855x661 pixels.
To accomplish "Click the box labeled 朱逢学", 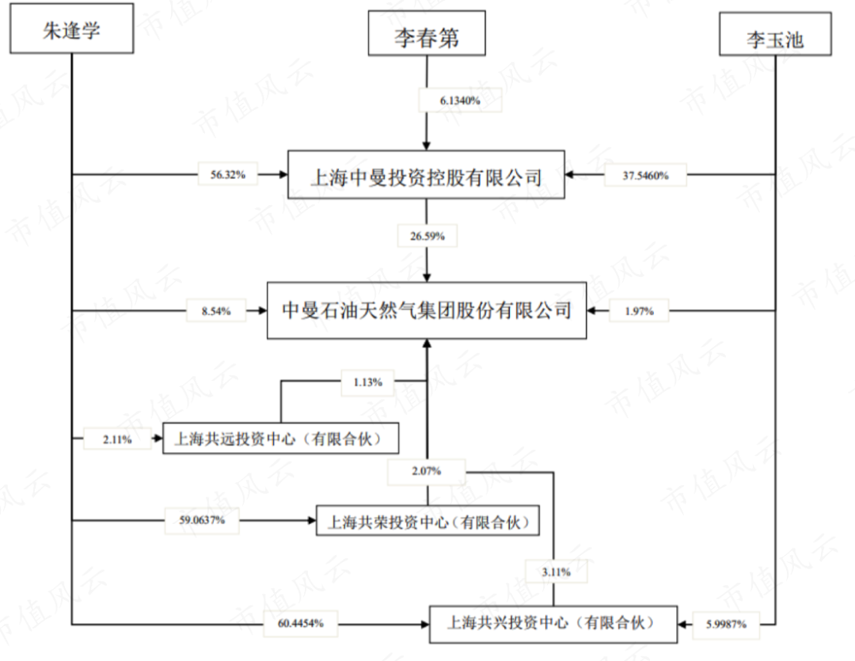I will pyautogui.click(x=72, y=32).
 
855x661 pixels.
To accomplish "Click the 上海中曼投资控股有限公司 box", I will pyautogui.click(x=426, y=175).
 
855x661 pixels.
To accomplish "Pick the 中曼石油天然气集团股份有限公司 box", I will pyautogui.click(x=427, y=311).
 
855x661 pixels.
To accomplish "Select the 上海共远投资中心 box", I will pyautogui.click(x=280, y=438).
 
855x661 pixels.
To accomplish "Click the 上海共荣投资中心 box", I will pyautogui.click(x=427, y=522).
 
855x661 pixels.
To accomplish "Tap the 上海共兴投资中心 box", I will pyautogui.click(x=553, y=624).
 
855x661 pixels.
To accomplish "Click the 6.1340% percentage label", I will pyautogui.click(x=460, y=101).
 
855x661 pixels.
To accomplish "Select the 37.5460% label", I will pyautogui.click(x=645, y=176).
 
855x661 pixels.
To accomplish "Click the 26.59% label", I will pyautogui.click(x=427, y=235).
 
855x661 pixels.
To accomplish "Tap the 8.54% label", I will pyautogui.click(x=215, y=312).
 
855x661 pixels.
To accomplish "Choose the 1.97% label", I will pyautogui.click(x=640, y=312).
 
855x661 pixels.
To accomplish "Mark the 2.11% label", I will pyautogui.click(x=118, y=438).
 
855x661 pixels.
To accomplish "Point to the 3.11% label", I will pyautogui.click(x=553, y=570).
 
